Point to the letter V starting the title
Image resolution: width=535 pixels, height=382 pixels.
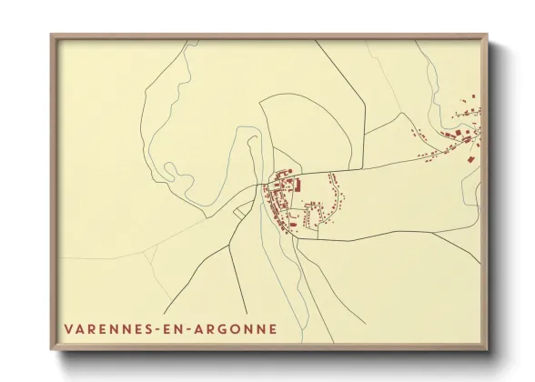pos(69,327)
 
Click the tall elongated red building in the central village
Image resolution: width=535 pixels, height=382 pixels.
pos(304,186)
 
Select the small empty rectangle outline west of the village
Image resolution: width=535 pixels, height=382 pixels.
pos(240,211)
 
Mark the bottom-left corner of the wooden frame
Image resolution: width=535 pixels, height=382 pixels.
pos(52,350)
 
